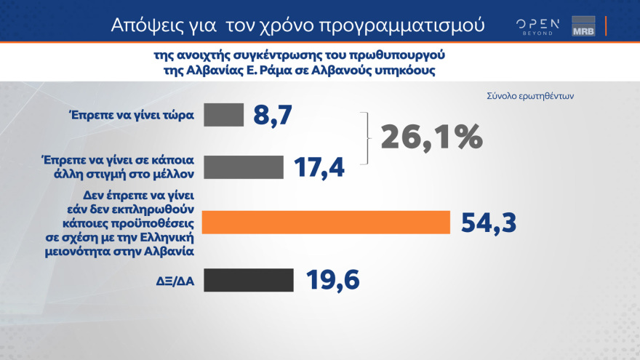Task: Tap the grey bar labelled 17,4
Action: pyautogui.click(x=243, y=167)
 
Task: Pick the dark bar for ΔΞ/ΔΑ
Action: pyautogui.click(x=248, y=280)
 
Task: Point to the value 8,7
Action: pyautogui.click(x=273, y=115)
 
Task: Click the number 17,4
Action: pyautogui.click(x=319, y=167)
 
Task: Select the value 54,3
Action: pyautogui.click(x=488, y=223)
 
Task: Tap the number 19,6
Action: pyautogui.click(x=332, y=280)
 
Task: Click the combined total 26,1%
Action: pyautogui.click(x=431, y=137)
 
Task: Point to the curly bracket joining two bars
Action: pyautogui.click(x=367, y=138)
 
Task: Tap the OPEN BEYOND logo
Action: pyautogui.click(x=537, y=26)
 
